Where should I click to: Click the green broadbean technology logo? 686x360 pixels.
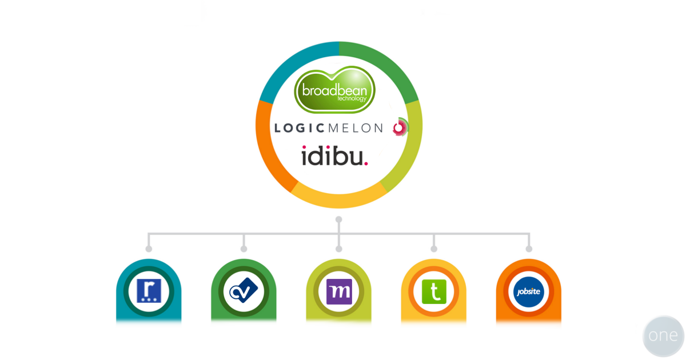pyautogui.click(x=335, y=90)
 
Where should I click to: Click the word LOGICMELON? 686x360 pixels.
pyautogui.click(x=328, y=128)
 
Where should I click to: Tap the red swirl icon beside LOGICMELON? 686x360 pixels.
pyautogui.click(x=400, y=127)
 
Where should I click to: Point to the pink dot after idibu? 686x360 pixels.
pyautogui.click(x=366, y=163)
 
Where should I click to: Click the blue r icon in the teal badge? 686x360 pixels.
pyautogui.click(x=149, y=291)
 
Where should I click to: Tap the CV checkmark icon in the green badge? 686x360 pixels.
pyautogui.click(x=244, y=291)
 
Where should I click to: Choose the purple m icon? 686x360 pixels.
pyautogui.click(x=338, y=291)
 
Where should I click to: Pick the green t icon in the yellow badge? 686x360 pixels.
pyautogui.click(x=433, y=291)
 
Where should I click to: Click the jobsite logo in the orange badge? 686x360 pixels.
pyautogui.click(x=528, y=291)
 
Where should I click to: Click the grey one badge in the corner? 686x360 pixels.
pyautogui.click(x=663, y=336)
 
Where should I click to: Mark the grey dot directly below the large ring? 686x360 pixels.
pyautogui.click(x=339, y=219)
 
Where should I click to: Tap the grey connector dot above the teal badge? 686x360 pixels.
pyautogui.click(x=149, y=249)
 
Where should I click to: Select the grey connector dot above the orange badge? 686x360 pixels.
pyautogui.click(x=529, y=249)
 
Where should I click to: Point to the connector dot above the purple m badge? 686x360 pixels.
pyautogui.click(x=339, y=249)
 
